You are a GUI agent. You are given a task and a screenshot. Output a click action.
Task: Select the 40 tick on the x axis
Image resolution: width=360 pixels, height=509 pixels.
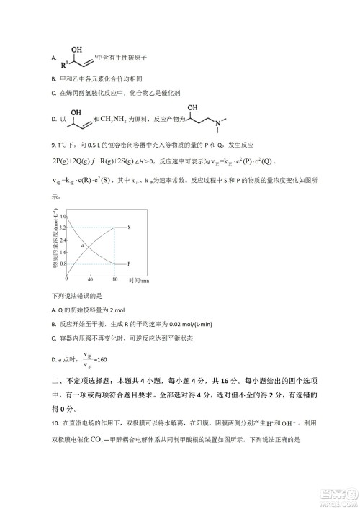[90, 279]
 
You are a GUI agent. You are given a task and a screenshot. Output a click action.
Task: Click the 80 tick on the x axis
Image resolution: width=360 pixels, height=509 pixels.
[115, 279]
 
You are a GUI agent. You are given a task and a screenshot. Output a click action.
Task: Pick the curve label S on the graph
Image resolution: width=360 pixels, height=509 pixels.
[129, 228]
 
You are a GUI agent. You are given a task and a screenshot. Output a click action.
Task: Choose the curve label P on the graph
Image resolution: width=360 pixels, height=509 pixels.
[129, 264]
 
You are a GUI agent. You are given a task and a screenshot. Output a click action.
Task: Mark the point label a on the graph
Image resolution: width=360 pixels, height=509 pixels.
[84, 246]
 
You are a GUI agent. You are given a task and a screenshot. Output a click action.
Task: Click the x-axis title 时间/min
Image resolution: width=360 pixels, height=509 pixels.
[139, 280]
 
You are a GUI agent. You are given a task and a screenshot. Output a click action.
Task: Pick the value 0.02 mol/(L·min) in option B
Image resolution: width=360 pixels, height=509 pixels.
[166, 323]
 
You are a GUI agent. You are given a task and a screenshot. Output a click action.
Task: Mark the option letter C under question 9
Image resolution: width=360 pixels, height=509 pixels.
[54, 338]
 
